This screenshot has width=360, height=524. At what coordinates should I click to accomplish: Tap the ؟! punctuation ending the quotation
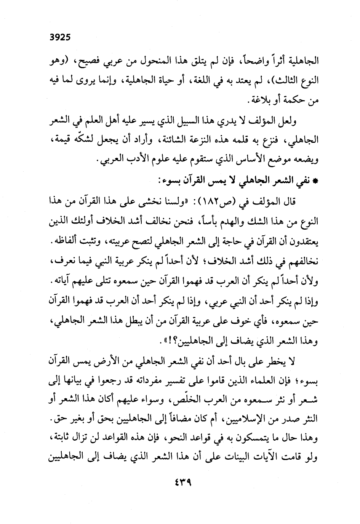click(x=154, y=342)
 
